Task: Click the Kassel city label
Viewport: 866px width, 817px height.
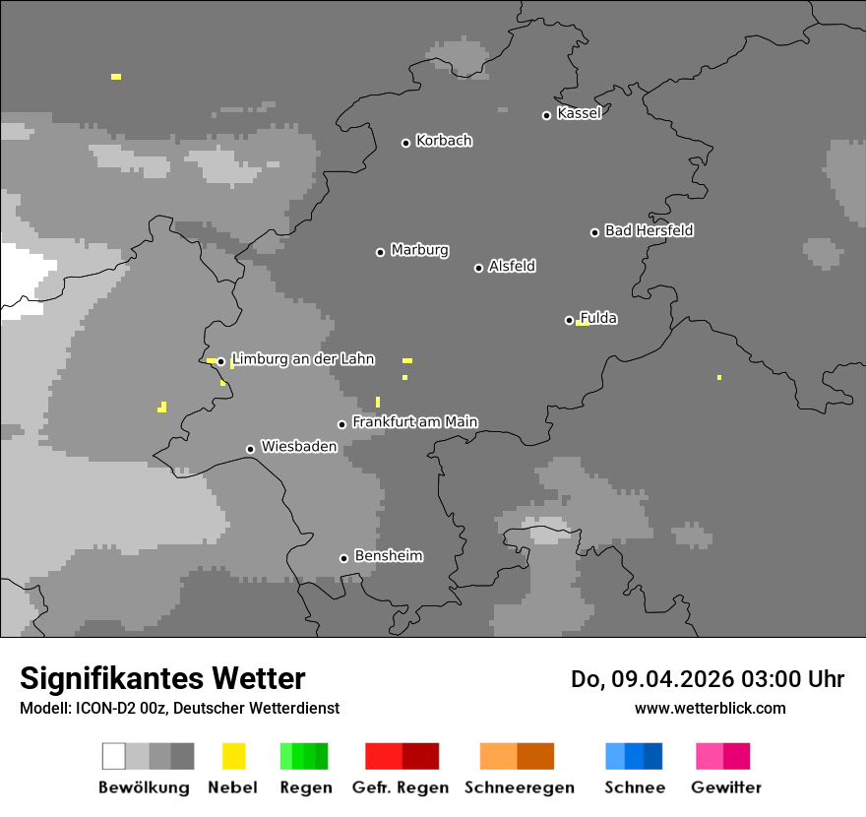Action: click(579, 113)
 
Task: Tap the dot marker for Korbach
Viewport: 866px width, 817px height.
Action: click(405, 143)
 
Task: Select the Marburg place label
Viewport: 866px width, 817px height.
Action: click(419, 250)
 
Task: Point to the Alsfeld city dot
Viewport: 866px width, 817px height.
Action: click(478, 268)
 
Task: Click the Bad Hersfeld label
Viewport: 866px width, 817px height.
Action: click(649, 230)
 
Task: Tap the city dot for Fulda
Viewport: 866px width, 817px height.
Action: click(569, 320)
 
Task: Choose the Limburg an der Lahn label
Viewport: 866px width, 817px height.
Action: click(302, 359)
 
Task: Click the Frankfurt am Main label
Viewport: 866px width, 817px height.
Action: click(414, 422)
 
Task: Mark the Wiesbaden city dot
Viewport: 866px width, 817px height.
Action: click(250, 449)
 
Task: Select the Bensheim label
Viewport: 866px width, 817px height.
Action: click(388, 556)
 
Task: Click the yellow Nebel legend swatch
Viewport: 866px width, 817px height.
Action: click(233, 756)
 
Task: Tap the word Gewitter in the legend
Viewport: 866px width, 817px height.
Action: click(726, 787)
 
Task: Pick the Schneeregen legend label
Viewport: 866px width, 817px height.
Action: click(517, 787)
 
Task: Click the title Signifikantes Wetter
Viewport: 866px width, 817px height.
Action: click(162, 678)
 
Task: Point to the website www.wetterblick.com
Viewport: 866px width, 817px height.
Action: click(710, 709)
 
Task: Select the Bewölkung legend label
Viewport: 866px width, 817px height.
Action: click(144, 787)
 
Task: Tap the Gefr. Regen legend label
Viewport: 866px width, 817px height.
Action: click(401, 787)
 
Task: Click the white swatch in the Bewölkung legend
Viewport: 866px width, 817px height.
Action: click(114, 756)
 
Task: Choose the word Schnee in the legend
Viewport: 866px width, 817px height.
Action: click(635, 787)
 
